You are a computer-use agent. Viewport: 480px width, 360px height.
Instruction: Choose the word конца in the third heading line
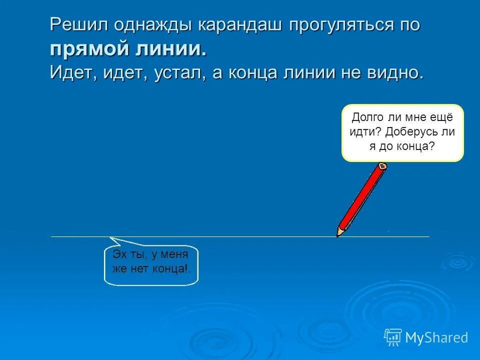(x=254, y=73)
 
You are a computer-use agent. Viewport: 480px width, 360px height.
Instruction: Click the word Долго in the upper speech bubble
(x=368, y=117)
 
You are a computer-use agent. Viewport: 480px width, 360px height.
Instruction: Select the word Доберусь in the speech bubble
(x=413, y=132)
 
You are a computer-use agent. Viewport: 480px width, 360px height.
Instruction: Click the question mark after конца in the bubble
(x=431, y=146)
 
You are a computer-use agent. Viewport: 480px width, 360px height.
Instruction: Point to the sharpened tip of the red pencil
(x=338, y=235)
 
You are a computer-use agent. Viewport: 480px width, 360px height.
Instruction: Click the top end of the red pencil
(x=383, y=165)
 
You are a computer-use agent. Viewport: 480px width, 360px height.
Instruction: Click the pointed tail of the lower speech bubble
(x=111, y=238)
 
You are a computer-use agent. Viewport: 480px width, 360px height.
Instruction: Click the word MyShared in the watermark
(x=436, y=337)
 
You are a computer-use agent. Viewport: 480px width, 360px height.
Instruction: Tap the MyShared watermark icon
(x=393, y=337)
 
